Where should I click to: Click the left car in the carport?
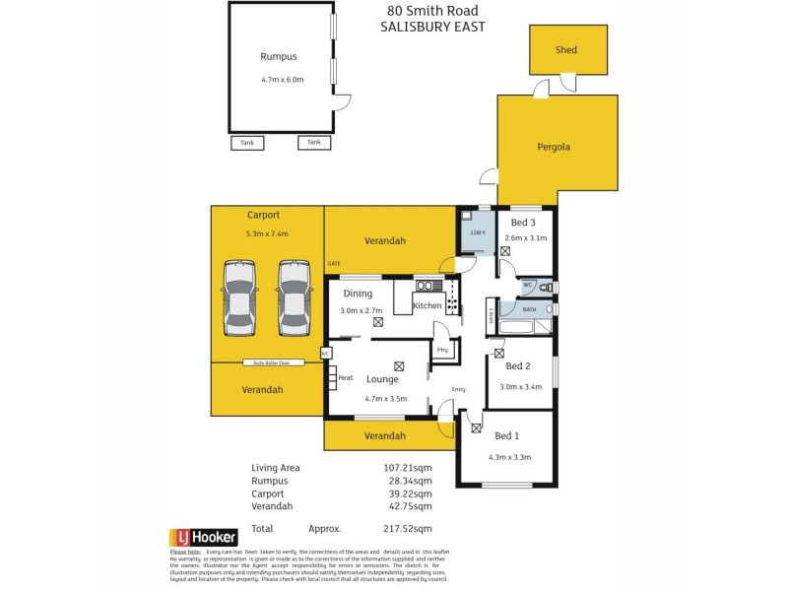pyautogui.click(x=239, y=298)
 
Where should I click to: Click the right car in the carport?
pyautogui.click(x=294, y=298)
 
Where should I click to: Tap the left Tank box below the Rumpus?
pyautogui.click(x=247, y=143)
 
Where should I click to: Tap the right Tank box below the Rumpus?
pyautogui.click(x=313, y=143)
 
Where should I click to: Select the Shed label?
pyautogui.click(x=566, y=50)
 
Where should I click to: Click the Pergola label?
pyautogui.click(x=554, y=147)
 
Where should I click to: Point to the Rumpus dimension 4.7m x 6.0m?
pyautogui.click(x=283, y=80)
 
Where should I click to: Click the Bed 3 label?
pyautogui.click(x=522, y=223)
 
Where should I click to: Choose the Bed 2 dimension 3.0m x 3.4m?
pyautogui.click(x=521, y=386)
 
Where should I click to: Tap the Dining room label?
pyautogui.click(x=357, y=293)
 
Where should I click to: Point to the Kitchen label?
pyautogui.click(x=427, y=306)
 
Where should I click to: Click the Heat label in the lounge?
pyautogui.click(x=345, y=377)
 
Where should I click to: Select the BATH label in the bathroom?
pyautogui.click(x=529, y=309)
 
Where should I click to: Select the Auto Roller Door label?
pyautogui.click(x=271, y=362)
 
